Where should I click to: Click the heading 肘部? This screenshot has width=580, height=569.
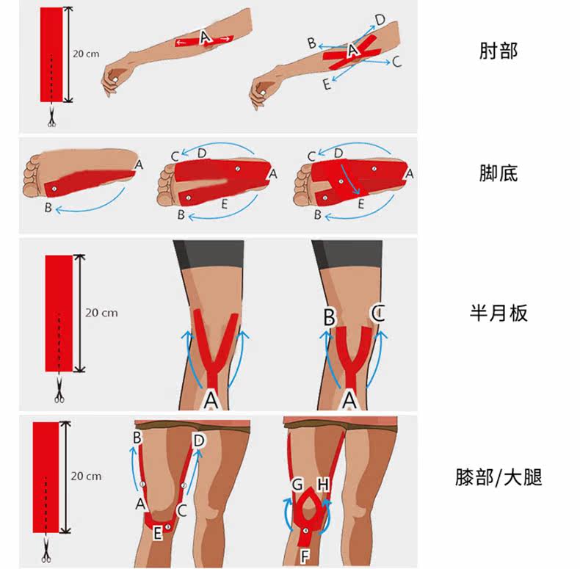[x=499, y=52]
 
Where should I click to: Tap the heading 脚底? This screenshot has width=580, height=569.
[x=499, y=173]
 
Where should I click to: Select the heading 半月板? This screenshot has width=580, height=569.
[x=499, y=314]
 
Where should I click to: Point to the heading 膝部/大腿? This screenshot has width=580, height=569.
[x=499, y=478]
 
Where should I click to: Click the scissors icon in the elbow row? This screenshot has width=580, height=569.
[x=51, y=117]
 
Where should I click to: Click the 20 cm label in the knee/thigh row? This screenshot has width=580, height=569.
[x=86, y=476]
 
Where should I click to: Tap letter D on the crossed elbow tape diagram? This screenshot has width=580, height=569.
[x=380, y=19]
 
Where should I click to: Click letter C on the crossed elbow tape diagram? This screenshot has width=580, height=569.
[x=397, y=62]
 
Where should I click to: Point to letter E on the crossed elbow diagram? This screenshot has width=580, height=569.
[x=326, y=85]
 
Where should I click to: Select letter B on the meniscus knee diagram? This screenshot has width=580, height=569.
[x=330, y=317]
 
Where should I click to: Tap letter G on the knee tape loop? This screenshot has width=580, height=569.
[x=297, y=485]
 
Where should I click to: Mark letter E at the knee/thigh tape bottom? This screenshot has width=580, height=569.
[x=156, y=534]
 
